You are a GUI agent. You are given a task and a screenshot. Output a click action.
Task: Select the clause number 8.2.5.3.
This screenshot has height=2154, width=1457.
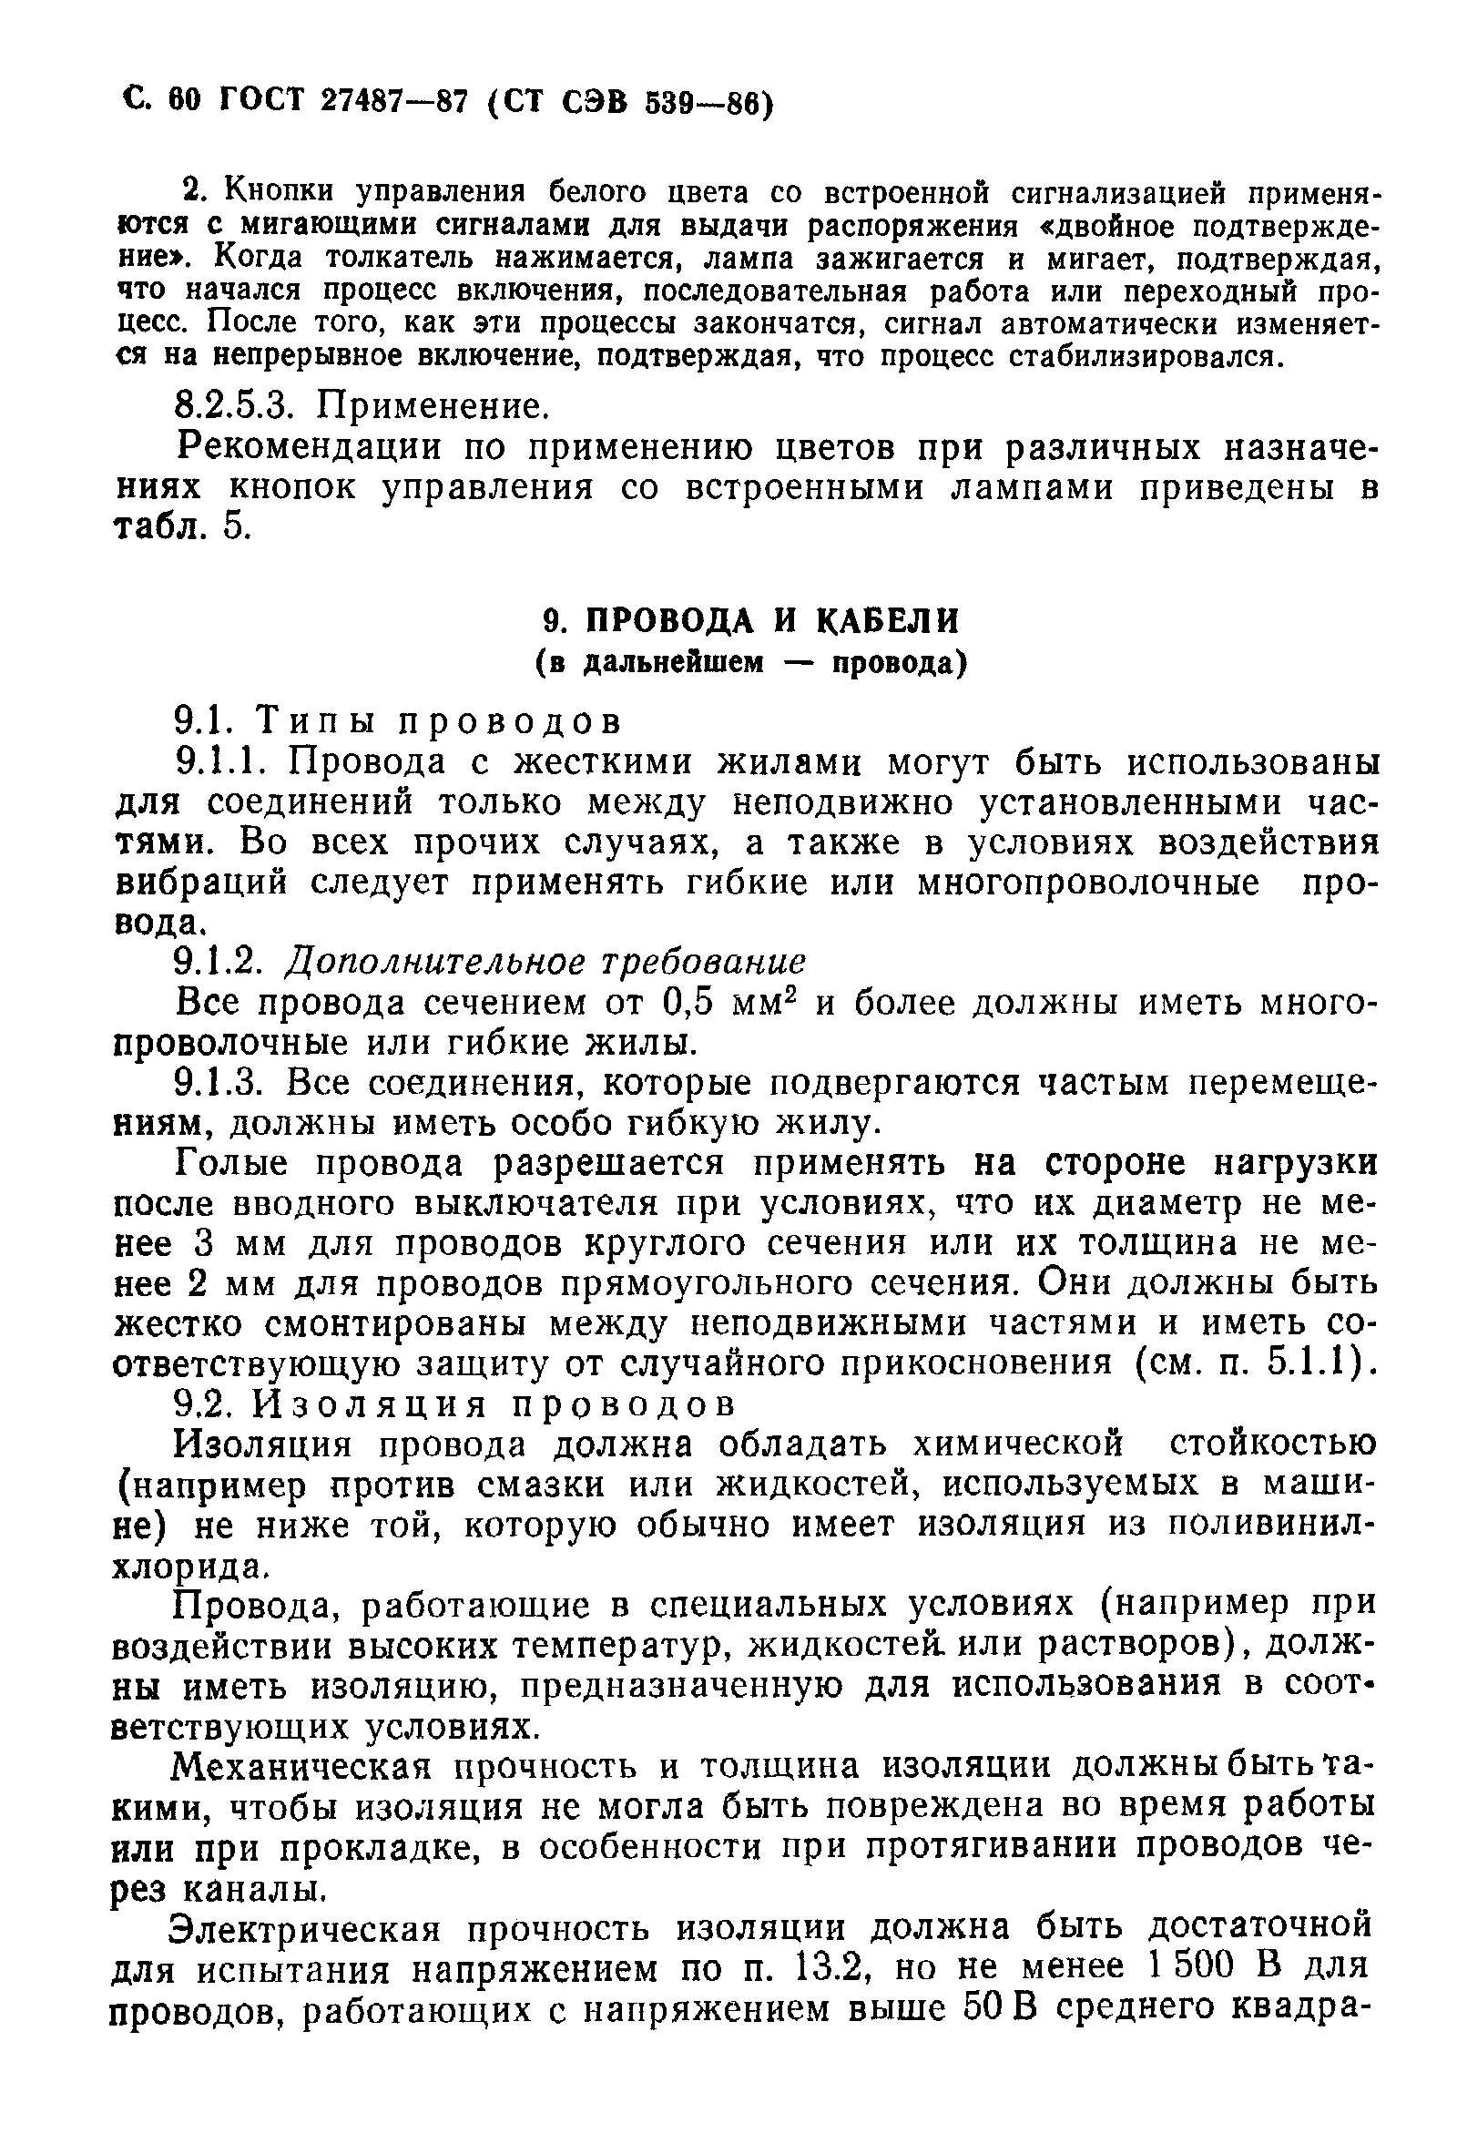pos(238,406)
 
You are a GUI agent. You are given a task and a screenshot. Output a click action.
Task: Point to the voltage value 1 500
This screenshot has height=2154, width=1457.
pos(1189,1967)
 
